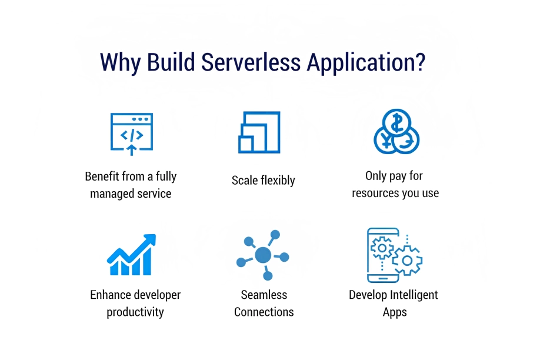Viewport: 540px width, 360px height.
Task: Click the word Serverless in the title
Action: coord(251,62)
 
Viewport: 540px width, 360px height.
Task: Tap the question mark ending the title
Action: coord(420,62)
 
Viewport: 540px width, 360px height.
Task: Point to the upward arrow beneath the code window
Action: coord(131,150)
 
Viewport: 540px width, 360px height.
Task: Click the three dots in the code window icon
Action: coord(140,119)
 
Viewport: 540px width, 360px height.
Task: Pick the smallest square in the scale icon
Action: coord(246,144)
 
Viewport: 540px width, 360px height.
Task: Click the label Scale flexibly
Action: coord(264,181)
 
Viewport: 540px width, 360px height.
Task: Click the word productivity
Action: coord(135,312)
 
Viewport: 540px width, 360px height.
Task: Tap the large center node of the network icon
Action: coord(263,255)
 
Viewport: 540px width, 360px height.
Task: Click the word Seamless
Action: coord(264,295)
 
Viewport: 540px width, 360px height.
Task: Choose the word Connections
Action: coord(264,312)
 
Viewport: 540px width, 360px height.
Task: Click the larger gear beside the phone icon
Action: coord(408,261)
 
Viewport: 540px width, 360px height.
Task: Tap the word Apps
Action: coord(395,313)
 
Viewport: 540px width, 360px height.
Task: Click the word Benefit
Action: coord(101,176)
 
